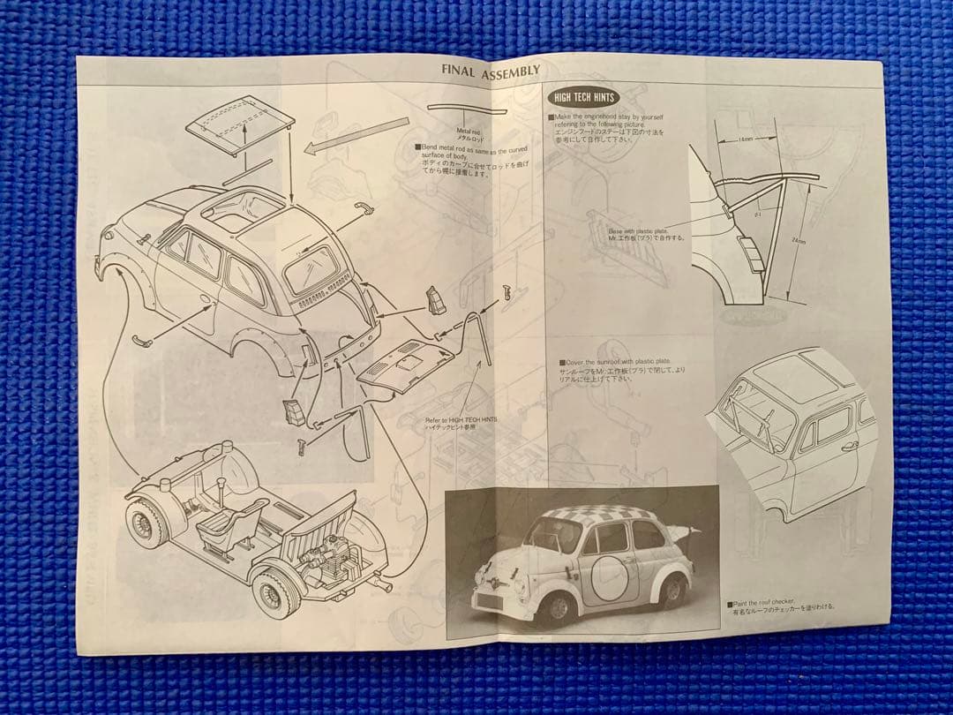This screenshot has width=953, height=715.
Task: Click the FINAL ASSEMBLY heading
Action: coord(491,73)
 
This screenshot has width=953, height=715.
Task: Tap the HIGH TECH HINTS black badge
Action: coord(582,97)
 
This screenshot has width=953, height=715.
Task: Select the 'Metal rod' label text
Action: coord(469,132)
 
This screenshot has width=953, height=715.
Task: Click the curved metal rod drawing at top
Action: coord(468,110)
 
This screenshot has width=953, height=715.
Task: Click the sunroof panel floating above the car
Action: coord(240,122)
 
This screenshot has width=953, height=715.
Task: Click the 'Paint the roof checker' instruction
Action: coord(781,604)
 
